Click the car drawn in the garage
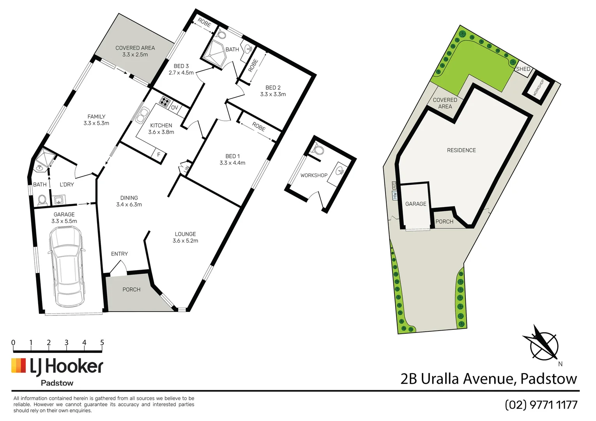[66, 267]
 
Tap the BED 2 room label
[273, 91]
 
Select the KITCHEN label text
[161, 126]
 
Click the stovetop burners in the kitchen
[165, 101]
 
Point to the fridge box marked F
[159, 154]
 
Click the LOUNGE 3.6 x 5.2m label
[185, 237]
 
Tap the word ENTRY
[119, 254]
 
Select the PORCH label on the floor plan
[131, 290]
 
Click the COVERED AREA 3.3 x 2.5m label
[135, 51]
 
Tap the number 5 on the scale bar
[102, 343]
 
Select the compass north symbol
[543, 345]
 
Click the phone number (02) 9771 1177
[541, 405]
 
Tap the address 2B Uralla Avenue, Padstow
[489, 379]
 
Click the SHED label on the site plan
[523, 69]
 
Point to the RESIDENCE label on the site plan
[461, 150]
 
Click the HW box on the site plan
[395, 195]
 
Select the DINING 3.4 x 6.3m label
[129, 201]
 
